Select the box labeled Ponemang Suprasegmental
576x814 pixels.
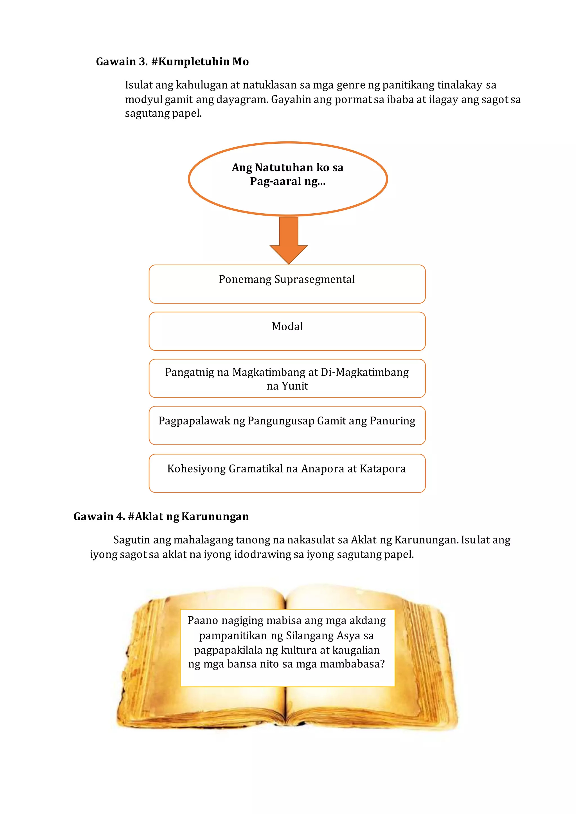[287, 284]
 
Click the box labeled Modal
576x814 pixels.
[287, 331]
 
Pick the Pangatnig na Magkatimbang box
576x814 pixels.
[287, 378]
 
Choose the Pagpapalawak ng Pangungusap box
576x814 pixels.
[287, 426]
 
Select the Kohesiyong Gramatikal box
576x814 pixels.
[287, 473]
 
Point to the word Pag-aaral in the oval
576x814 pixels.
[275, 182]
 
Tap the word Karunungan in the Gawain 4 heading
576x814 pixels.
[215, 517]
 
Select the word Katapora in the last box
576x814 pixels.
[383, 469]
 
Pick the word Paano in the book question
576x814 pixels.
[202, 620]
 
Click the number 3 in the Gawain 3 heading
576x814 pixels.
[143, 62]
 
